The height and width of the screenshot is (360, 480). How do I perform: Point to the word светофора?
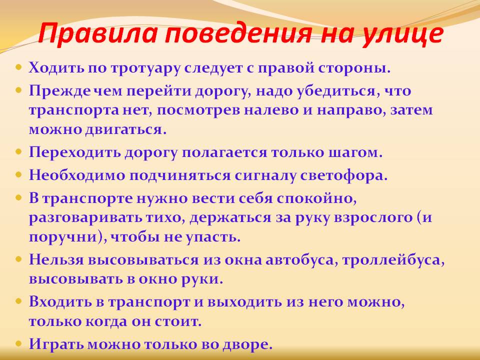pyautogui.click(x=344, y=175)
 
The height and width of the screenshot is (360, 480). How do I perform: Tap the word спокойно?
pyautogui.click(x=317, y=199)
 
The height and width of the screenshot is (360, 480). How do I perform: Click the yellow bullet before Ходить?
pyautogui.click(x=19, y=66)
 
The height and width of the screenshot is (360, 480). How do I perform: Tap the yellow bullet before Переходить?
pyautogui.click(x=19, y=151)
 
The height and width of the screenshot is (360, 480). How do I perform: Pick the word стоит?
pyautogui.click(x=178, y=321)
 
